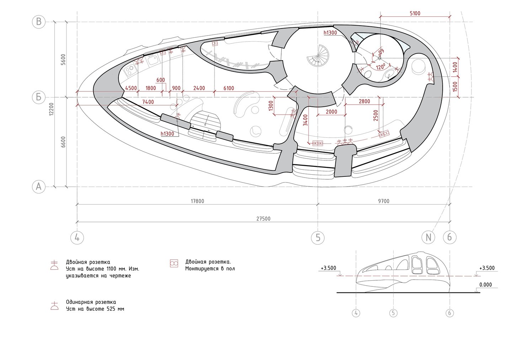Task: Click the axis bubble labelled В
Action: tap(39, 22)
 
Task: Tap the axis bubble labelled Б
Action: tap(39, 97)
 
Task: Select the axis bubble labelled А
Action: tap(39, 187)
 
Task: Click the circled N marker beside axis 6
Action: tap(428, 237)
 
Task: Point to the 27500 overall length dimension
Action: tap(263, 219)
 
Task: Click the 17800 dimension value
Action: tap(197, 201)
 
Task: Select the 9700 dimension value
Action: tap(384, 201)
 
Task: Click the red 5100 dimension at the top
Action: tap(415, 14)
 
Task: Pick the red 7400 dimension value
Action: tap(148, 102)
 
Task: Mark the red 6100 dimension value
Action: tap(229, 88)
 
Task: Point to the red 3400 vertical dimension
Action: tap(305, 120)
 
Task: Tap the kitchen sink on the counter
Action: tap(153, 60)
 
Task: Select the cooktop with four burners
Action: tap(130, 70)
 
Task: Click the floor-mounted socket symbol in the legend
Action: tap(174, 263)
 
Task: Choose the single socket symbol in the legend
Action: tap(54, 306)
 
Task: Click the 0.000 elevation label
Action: tap(485, 285)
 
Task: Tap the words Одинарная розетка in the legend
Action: tap(91, 302)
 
